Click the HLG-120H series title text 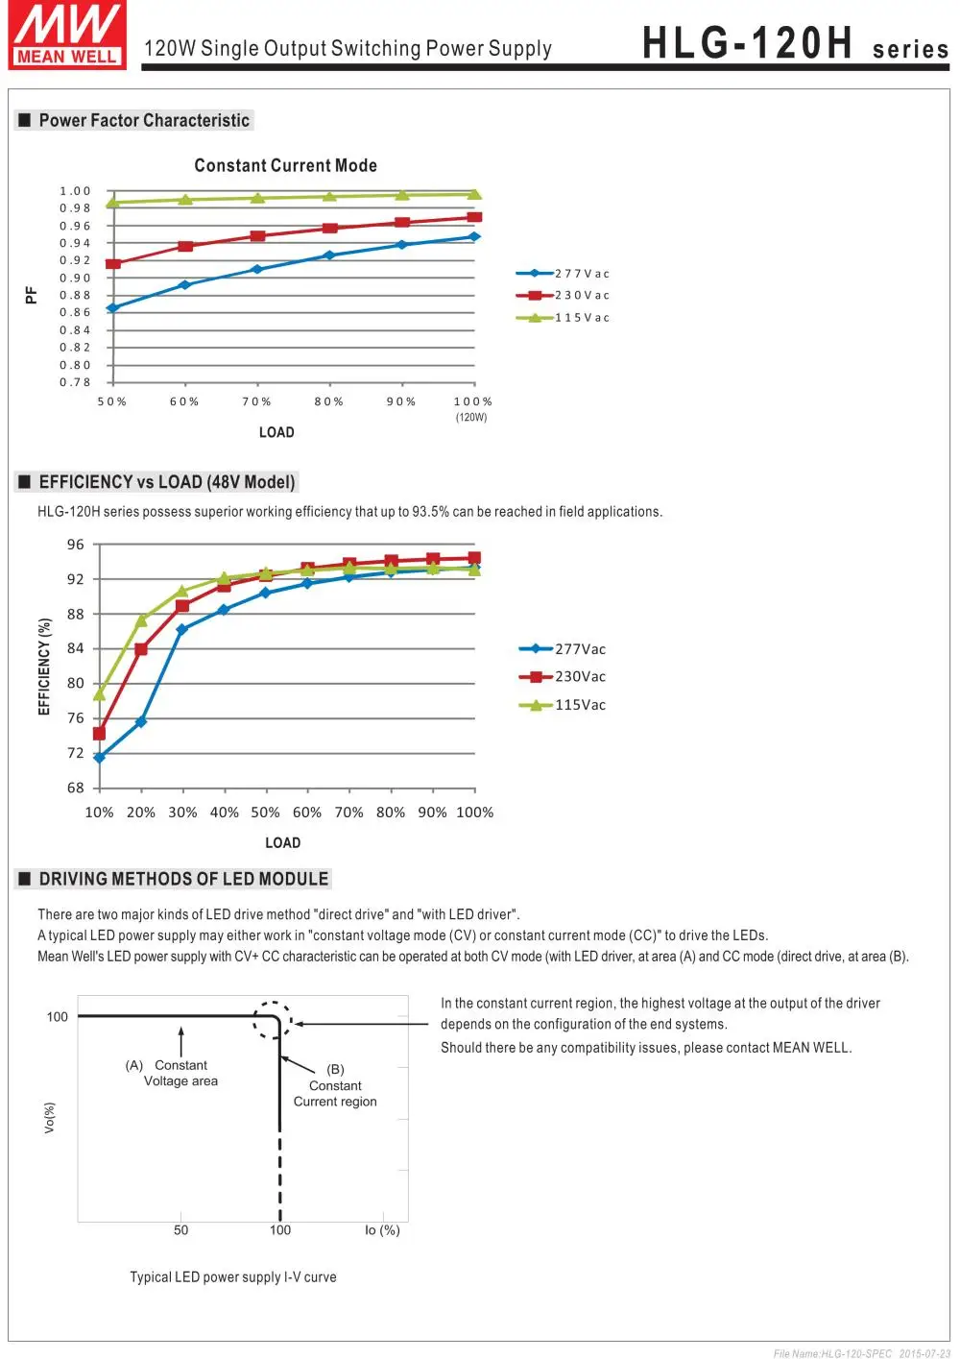coord(794,44)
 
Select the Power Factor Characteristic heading coord(144,120)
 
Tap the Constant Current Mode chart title coord(285,165)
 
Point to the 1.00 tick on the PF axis coord(75,191)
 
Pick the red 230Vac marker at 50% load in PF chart coord(112,263)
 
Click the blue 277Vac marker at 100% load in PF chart coord(474,236)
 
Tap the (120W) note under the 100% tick coord(471,418)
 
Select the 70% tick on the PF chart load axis coord(256,401)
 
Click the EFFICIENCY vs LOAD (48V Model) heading coord(167,482)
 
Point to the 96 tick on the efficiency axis coord(76,545)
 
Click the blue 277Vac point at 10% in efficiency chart coord(99,758)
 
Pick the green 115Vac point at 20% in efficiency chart coord(141,619)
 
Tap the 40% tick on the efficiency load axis coord(224,813)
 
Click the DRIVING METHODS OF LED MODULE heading coord(183,879)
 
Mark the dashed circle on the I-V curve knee coord(273,1020)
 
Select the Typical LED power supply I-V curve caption coord(233,1277)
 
